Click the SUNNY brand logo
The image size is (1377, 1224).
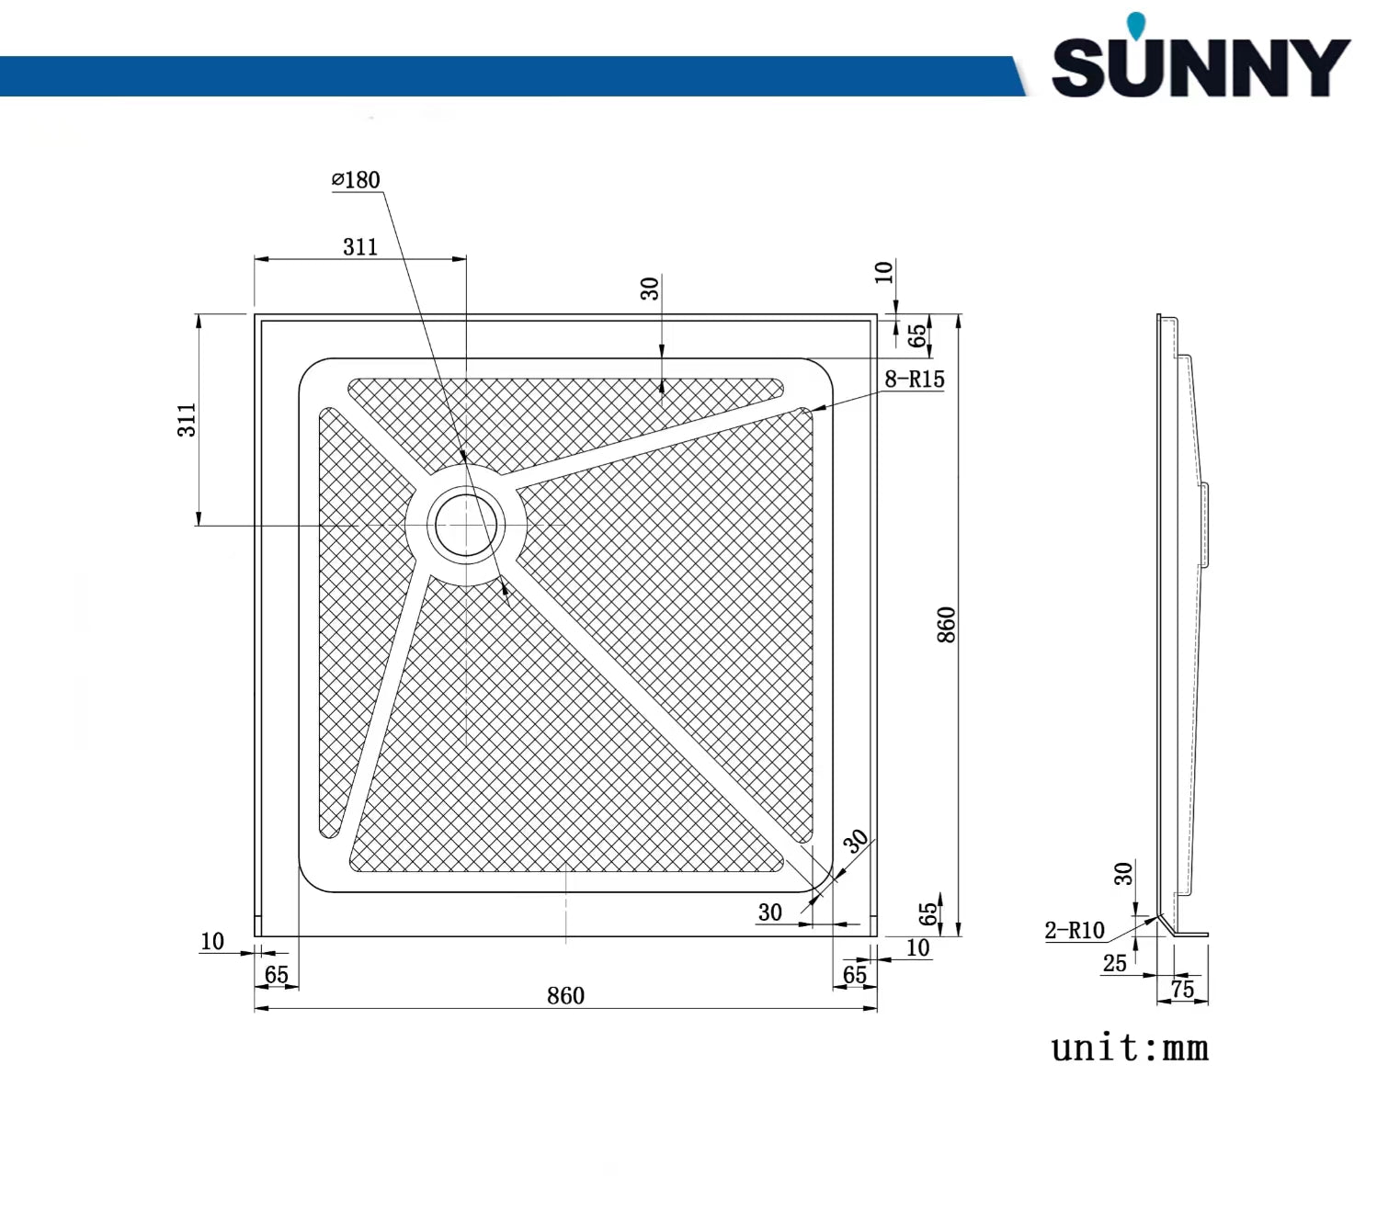pos(1200,67)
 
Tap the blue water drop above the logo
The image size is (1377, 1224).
pos(1137,26)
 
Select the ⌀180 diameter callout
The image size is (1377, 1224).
pos(356,180)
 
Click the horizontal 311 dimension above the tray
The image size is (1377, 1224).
pos(360,246)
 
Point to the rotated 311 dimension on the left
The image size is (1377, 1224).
pos(187,420)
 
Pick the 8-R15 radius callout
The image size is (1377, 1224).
pos(914,379)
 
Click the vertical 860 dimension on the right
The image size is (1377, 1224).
pos(946,625)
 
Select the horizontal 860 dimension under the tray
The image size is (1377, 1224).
pos(565,996)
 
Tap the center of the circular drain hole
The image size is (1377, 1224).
pos(466,526)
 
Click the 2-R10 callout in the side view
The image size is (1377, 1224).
pos(1074,930)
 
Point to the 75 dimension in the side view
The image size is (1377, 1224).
pos(1182,989)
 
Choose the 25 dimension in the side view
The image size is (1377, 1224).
pos(1114,963)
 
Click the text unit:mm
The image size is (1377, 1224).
pos(1130,1048)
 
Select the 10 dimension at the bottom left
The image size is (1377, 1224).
pos(212,941)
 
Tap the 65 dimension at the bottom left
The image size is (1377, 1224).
pos(276,975)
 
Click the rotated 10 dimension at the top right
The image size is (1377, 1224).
pos(883,272)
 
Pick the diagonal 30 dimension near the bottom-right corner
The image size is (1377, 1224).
pos(856,841)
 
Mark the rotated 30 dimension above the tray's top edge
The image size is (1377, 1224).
pos(650,289)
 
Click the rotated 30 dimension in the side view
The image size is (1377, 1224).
pos(1123,874)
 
